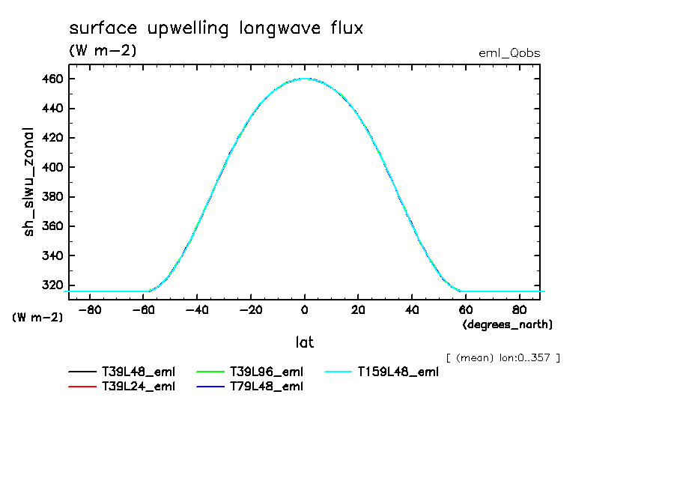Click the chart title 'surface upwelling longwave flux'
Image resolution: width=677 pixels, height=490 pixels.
[x=216, y=29]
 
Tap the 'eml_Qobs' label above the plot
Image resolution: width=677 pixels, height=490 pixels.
[x=509, y=53]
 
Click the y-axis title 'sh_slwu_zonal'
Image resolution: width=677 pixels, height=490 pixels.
[x=29, y=182]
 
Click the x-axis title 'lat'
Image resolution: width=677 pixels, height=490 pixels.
[x=304, y=342]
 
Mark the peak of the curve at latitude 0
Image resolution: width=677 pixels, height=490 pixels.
[x=304, y=79]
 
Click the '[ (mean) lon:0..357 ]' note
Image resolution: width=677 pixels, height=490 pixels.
[x=503, y=357]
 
